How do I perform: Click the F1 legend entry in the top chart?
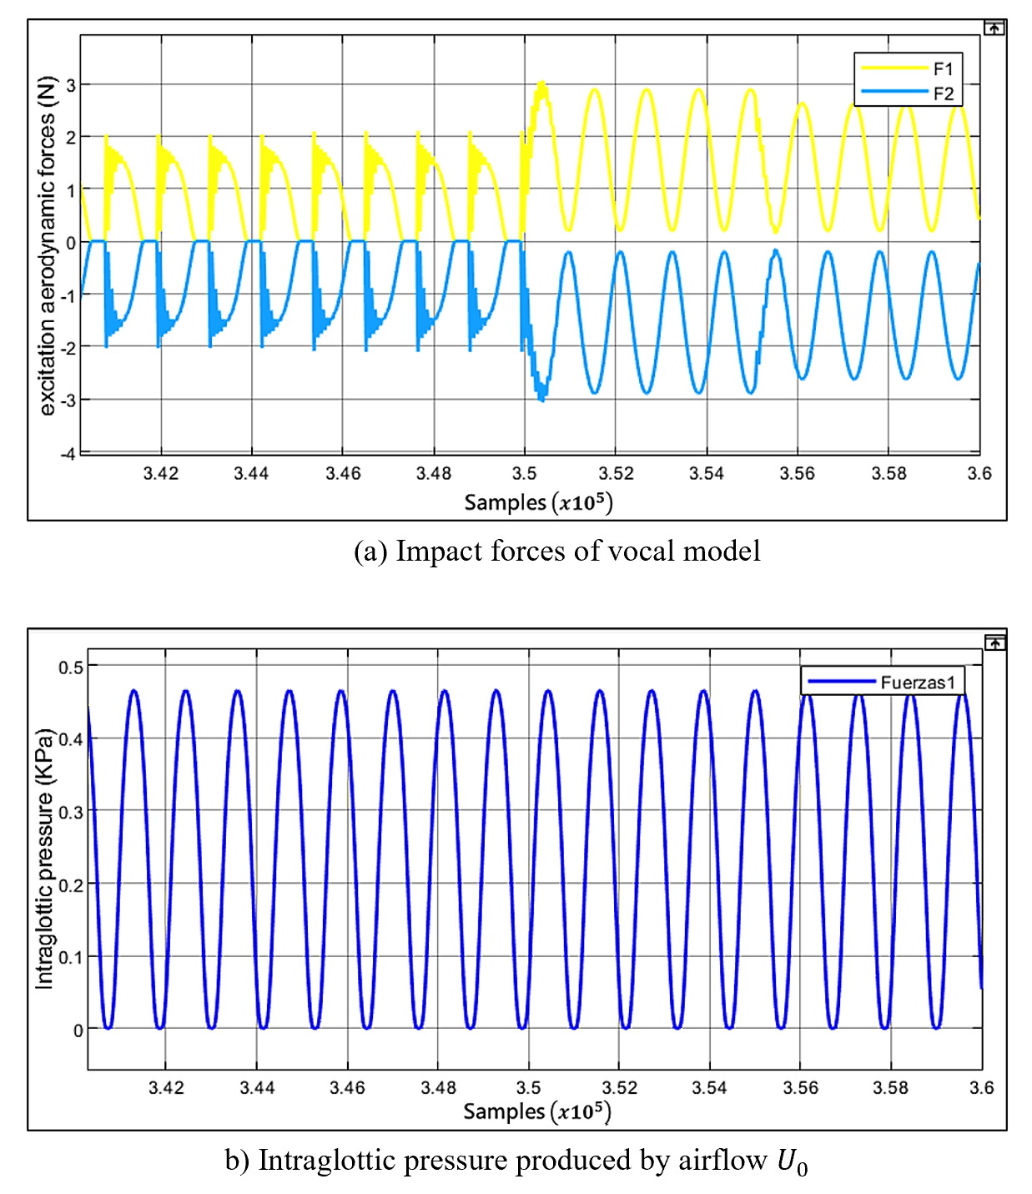pyautogui.click(x=942, y=68)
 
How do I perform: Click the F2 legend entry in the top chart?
pyautogui.click(x=942, y=93)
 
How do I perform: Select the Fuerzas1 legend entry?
pyautogui.click(x=917, y=683)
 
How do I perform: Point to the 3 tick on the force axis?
pyautogui.click(x=71, y=85)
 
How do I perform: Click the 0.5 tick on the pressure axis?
pyautogui.click(x=71, y=667)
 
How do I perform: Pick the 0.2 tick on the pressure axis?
pyautogui.click(x=71, y=884)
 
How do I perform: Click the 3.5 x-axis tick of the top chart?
pyautogui.click(x=524, y=474)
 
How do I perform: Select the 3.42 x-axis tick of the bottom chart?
pyautogui.click(x=166, y=1088)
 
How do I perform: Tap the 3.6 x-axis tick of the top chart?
pyautogui.click(x=979, y=474)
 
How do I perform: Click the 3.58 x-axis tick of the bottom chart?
pyautogui.click(x=890, y=1088)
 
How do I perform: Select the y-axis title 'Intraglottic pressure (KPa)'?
pyautogui.click(x=44, y=859)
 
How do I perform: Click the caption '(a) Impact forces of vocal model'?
pyautogui.click(x=556, y=552)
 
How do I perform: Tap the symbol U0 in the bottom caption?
pyautogui.click(x=792, y=1161)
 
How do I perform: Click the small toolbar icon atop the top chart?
pyautogui.click(x=994, y=28)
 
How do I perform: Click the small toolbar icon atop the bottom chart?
pyautogui.click(x=994, y=643)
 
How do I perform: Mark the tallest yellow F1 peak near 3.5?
pyautogui.click(x=542, y=83)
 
